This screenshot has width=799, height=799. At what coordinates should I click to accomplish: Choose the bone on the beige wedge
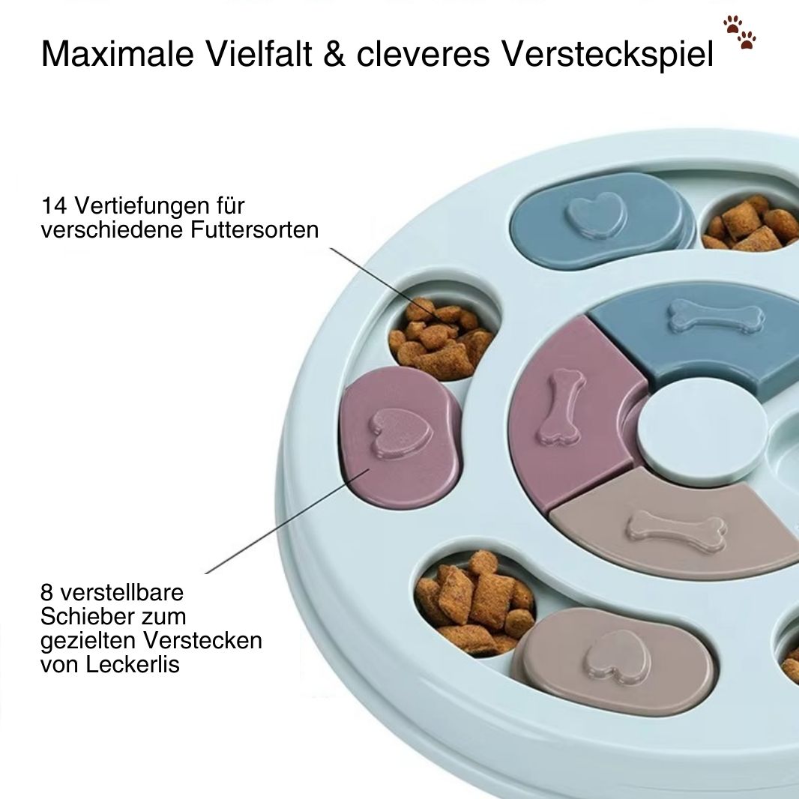point(675,528)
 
